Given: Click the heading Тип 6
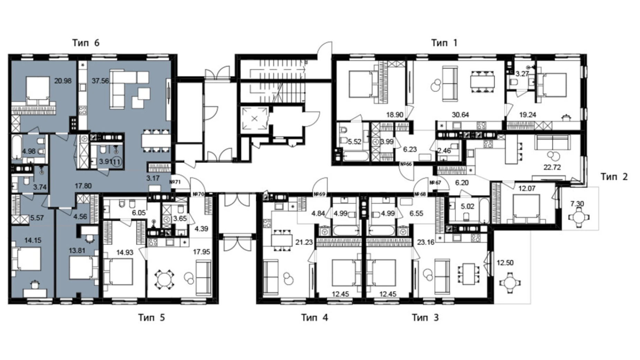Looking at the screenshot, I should pyautogui.click(x=86, y=43).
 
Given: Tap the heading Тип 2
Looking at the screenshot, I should pyautogui.click(x=614, y=177).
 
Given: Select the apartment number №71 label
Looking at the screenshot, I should pyautogui.click(x=175, y=182).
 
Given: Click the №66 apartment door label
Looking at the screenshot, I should pyautogui.click(x=406, y=164).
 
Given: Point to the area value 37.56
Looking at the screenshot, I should pyautogui.click(x=100, y=81).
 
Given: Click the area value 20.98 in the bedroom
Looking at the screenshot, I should pyautogui.click(x=63, y=81).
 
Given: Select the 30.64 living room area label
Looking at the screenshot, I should pyautogui.click(x=460, y=115).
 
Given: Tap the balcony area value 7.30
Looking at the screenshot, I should pyautogui.click(x=577, y=204).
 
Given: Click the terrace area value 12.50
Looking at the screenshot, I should pyautogui.click(x=505, y=263).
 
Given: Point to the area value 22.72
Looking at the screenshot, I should pyautogui.click(x=552, y=167).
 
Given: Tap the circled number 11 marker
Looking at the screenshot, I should pyautogui.click(x=117, y=161).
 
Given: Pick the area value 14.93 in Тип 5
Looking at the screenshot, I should pyautogui.click(x=125, y=253).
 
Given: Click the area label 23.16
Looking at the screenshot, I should pyautogui.click(x=426, y=242).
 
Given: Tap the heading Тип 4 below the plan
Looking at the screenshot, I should pyautogui.click(x=314, y=317).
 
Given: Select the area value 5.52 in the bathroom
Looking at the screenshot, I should pyautogui.click(x=355, y=142).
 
